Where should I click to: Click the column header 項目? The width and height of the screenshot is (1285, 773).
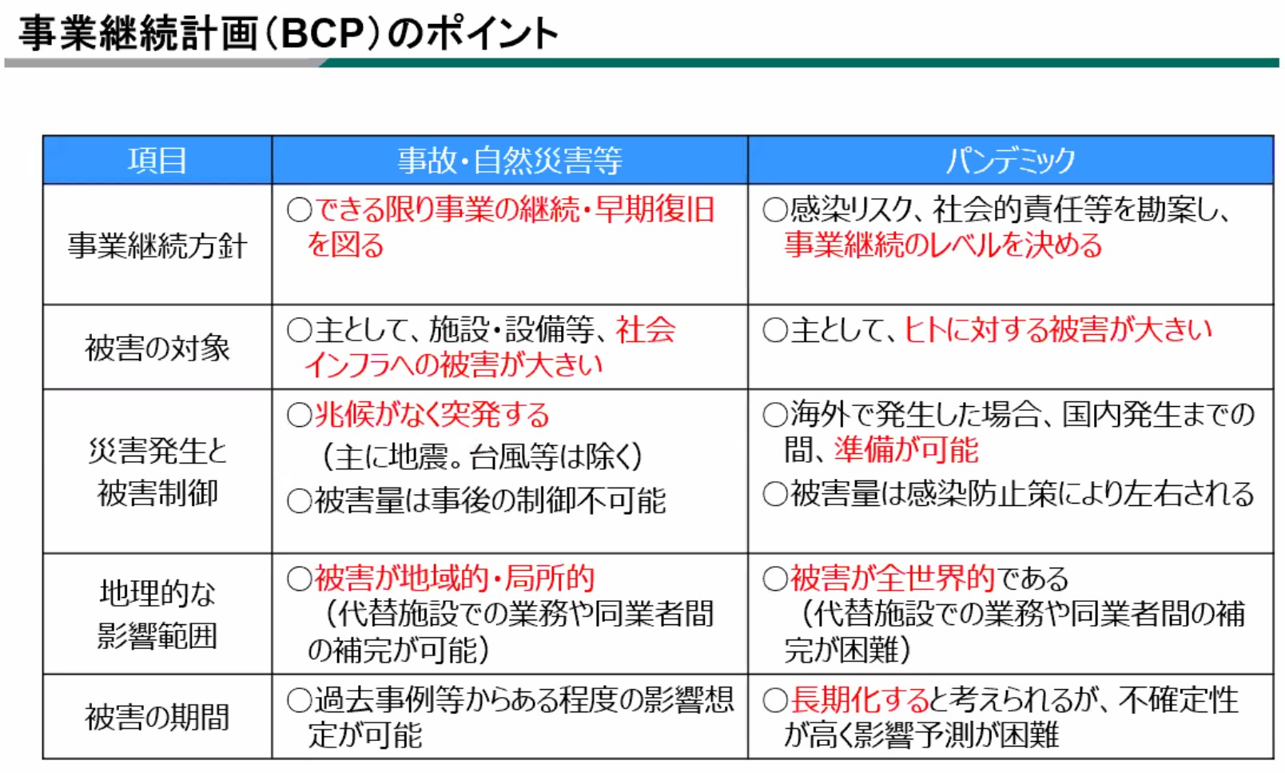click(157, 160)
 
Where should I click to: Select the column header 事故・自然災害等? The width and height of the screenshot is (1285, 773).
click(510, 160)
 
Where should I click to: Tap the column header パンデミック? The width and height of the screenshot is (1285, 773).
click(1010, 160)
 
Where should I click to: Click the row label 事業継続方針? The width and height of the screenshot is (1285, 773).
click(157, 245)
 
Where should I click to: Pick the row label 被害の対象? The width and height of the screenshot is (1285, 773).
click(157, 348)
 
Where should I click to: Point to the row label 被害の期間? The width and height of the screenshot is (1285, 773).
click(157, 717)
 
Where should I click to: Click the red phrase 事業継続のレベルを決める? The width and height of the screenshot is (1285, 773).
click(943, 245)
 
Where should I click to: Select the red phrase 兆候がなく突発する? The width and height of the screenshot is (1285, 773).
click(432, 415)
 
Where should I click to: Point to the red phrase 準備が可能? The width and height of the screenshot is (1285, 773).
click(906, 449)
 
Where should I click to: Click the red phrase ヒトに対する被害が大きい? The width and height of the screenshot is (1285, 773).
click(1058, 330)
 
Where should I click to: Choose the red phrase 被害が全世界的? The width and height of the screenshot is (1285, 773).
click(893, 578)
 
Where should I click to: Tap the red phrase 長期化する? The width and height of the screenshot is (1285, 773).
click(859, 699)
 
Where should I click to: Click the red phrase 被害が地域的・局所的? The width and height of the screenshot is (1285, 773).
click(455, 578)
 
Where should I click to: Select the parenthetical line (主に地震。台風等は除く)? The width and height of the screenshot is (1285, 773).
click(483, 457)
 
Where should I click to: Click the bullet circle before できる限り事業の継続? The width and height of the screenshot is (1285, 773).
click(300, 209)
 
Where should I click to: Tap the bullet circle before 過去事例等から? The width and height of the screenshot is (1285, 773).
click(300, 700)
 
